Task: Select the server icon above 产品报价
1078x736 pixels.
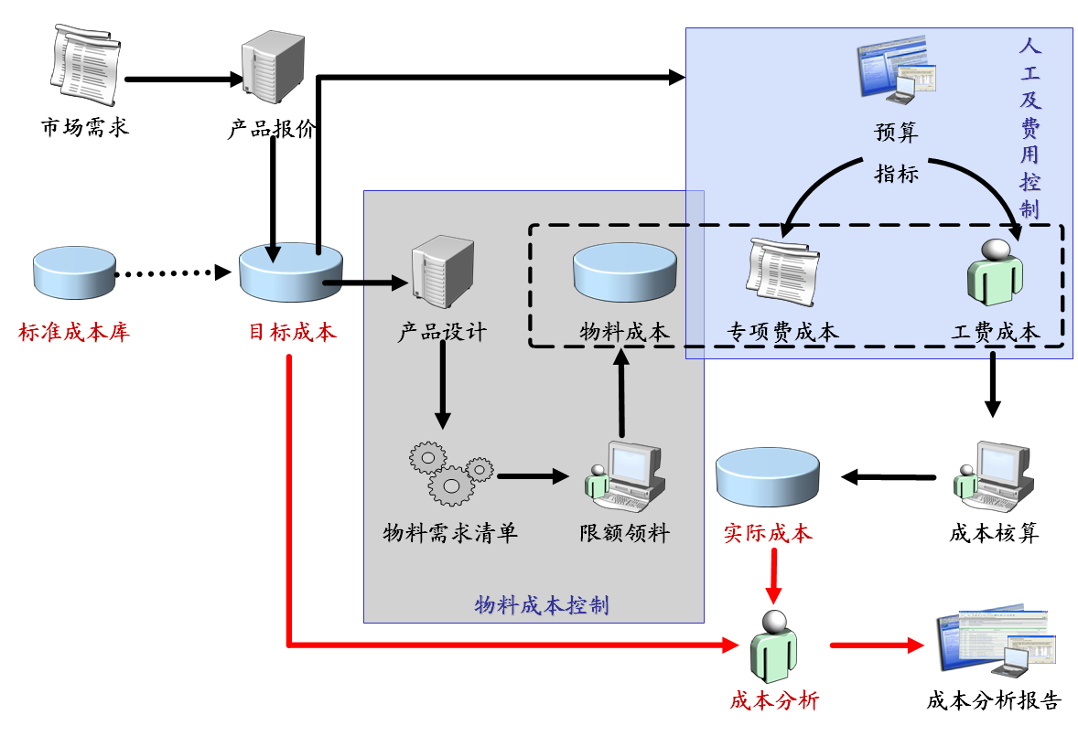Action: (272, 69)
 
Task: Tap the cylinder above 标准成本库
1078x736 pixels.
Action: (74, 272)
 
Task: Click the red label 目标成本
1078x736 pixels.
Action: (293, 331)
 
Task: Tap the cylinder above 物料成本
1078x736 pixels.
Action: (626, 272)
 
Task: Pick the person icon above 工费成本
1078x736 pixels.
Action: (995, 272)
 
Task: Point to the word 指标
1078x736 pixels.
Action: (896, 174)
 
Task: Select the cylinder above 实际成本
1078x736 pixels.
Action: (768, 475)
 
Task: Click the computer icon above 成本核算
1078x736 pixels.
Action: (993, 475)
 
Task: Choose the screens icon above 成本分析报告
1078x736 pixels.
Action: (995, 643)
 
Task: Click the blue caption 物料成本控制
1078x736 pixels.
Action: (542, 605)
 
